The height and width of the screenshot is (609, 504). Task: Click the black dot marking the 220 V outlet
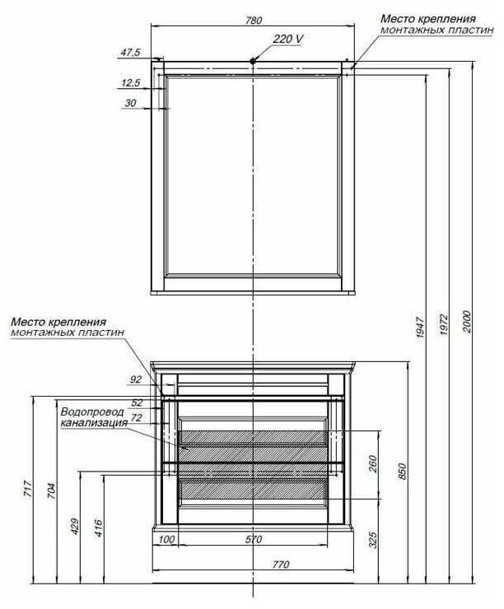tap(254, 62)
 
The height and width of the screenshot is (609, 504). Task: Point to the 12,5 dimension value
tap(130, 82)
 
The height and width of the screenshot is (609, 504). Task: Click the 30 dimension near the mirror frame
tap(130, 103)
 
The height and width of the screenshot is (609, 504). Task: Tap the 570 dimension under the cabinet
tap(254, 540)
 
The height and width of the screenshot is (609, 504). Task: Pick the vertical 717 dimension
tap(28, 494)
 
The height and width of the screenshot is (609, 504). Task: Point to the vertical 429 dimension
tap(76, 527)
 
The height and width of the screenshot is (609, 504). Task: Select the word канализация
tap(93, 423)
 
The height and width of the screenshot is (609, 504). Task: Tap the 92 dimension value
tap(137, 380)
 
